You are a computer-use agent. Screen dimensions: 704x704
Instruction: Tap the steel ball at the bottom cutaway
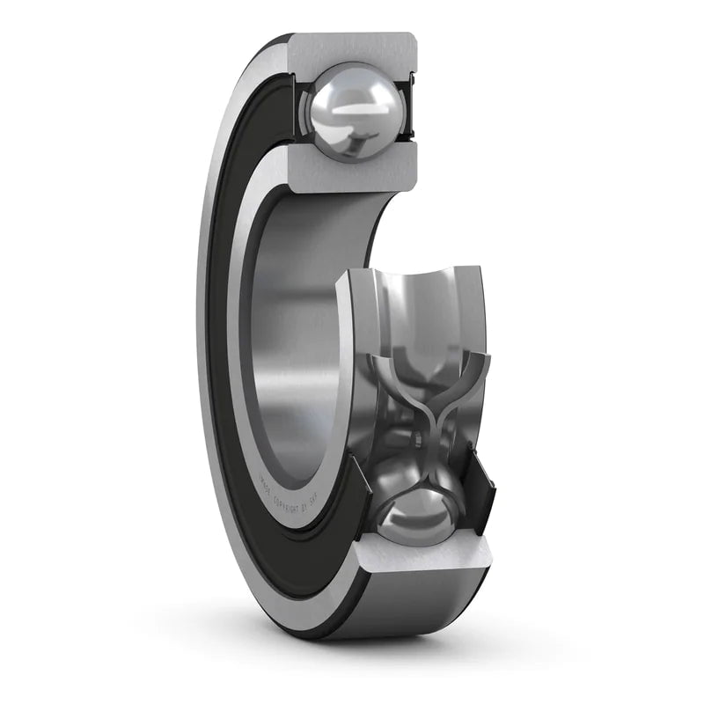414,515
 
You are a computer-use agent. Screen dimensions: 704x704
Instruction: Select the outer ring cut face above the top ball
352,48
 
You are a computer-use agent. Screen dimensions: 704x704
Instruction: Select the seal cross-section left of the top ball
299,110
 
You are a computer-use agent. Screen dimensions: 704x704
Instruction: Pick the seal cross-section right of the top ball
407,110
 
